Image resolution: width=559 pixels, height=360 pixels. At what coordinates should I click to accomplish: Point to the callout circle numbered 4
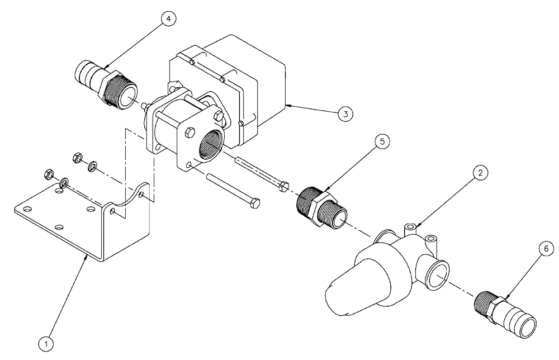tap(168, 18)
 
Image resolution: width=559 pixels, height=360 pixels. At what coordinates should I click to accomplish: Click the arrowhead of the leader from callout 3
tap(287, 105)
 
